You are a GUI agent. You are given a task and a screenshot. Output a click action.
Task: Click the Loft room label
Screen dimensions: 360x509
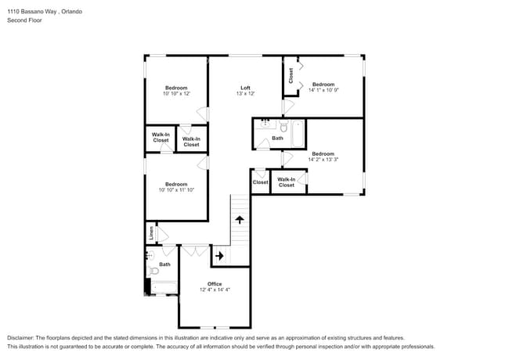pyautogui.click(x=244, y=87)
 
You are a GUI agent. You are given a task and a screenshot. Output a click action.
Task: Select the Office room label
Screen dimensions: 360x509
pyautogui.click(x=215, y=283)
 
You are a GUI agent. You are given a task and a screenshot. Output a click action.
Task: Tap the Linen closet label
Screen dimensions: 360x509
pyautogui.click(x=150, y=232)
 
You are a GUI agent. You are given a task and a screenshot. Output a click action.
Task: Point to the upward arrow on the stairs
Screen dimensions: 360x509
pyautogui.click(x=240, y=221)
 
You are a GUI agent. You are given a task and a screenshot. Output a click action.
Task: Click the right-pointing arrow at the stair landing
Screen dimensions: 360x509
pyautogui.click(x=220, y=255)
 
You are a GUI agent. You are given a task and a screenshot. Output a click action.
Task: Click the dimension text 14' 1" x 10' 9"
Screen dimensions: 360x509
pyautogui.click(x=323, y=91)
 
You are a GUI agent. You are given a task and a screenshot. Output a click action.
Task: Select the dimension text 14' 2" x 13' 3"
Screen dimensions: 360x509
pyautogui.click(x=323, y=160)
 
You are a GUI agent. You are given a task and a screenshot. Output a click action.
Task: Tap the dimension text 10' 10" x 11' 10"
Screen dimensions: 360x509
pyautogui.click(x=176, y=190)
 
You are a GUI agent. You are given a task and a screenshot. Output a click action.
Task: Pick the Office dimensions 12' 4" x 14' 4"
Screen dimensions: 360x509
pyautogui.click(x=215, y=290)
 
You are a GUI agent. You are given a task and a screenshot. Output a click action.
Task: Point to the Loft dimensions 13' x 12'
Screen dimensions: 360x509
pyautogui.click(x=245, y=93)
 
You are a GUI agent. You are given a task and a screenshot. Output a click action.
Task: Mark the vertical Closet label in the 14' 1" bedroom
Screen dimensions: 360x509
pyautogui.click(x=291, y=76)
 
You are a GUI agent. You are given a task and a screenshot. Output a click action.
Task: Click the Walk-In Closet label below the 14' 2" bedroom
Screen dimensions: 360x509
pyautogui.click(x=287, y=182)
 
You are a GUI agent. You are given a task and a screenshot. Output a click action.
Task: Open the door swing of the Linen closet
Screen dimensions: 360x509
pyautogui.click(x=161, y=234)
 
